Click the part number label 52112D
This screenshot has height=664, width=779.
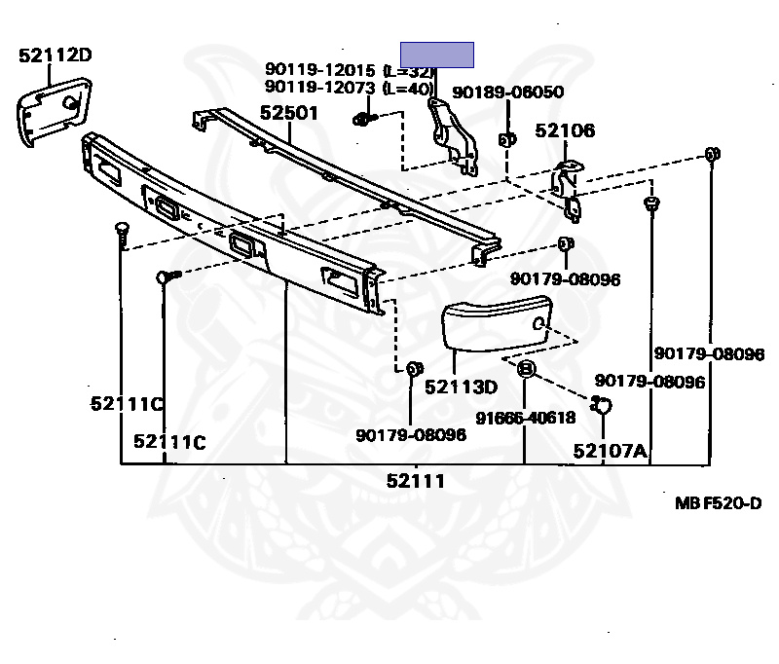[x=55, y=55]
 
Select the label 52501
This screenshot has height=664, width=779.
[x=288, y=113]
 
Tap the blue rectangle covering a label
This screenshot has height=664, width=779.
[x=438, y=55]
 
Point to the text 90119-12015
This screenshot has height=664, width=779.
[x=322, y=70]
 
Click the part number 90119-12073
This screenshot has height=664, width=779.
[x=322, y=88]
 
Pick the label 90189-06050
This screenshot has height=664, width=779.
[x=507, y=92]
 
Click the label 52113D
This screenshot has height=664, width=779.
[x=461, y=387]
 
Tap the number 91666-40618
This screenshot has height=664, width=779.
[x=525, y=418]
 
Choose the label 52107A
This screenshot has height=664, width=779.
[x=610, y=450]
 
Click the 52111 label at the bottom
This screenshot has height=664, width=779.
[x=416, y=480]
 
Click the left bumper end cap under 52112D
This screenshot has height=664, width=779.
[x=50, y=111]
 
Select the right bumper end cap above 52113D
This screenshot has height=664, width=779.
[x=496, y=329]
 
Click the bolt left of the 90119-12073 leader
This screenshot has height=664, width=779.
[x=361, y=120]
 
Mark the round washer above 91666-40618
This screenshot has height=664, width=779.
[x=525, y=369]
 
